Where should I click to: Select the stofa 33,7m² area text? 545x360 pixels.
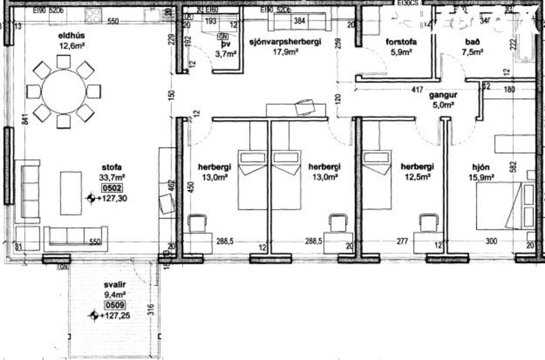tap(114, 178)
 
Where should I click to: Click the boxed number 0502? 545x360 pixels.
tap(114, 188)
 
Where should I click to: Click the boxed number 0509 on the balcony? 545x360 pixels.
tap(114, 304)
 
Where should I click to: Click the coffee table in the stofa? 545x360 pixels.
tap(71, 192)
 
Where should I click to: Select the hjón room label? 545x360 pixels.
tap(482, 167)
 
